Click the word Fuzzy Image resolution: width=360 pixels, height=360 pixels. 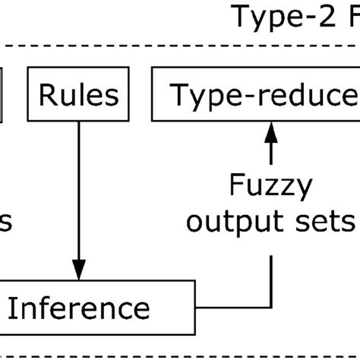(270, 186)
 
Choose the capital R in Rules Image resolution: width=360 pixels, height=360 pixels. (47, 96)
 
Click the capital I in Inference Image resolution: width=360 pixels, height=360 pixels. (13, 309)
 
